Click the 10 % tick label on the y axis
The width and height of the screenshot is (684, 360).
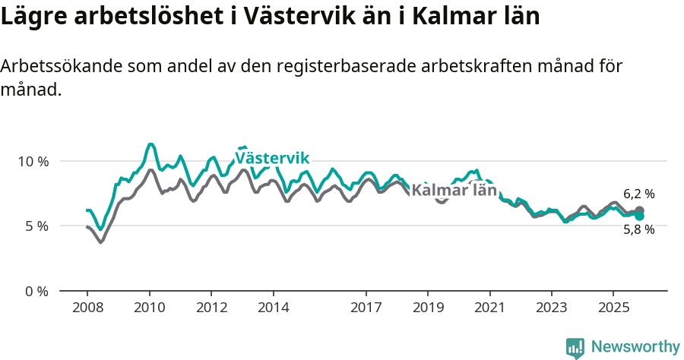[x=33, y=161]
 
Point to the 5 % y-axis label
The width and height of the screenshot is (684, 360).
[x=36, y=226]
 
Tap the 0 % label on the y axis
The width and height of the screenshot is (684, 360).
[x=36, y=291]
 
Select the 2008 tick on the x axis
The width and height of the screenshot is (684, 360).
[x=87, y=308]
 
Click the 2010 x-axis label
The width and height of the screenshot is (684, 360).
[x=149, y=308]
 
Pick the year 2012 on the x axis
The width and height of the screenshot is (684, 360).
[x=211, y=308]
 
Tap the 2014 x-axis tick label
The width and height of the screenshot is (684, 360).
[x=273, y=308]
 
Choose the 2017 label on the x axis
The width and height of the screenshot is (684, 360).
[x=366, y=308]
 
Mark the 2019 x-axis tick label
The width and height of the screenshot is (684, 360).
[x=428, y=308]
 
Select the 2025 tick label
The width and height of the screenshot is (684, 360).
[x=613, y=308]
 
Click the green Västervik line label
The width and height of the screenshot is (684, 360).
[x=272, y=158]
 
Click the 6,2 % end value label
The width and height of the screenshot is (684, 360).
[x=638, y=194]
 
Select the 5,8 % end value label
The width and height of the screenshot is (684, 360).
[x=638, y=229]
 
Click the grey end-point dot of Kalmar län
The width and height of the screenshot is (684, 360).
[x=639, y=210]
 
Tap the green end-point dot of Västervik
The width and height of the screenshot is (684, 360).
[x=639, y=216]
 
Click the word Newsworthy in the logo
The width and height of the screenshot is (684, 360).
[x=635, y=347]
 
